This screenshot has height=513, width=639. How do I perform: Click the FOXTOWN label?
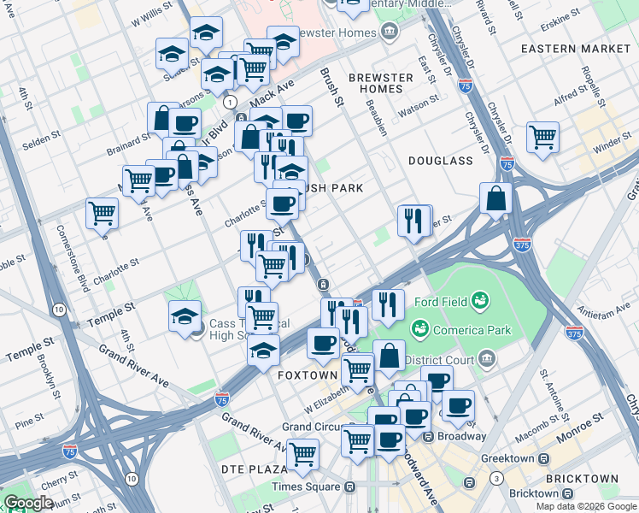[x=308, y=375]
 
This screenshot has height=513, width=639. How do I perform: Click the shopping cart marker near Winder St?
[x=542, y=136]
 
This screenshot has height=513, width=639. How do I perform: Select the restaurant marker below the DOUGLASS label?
[x=414, y=221]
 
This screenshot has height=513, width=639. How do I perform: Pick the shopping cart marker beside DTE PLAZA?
[x=302, y=454]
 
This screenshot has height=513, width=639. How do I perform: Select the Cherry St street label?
[x=58, y=483]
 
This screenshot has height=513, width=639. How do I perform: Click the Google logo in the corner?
[x=28, y=503]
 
